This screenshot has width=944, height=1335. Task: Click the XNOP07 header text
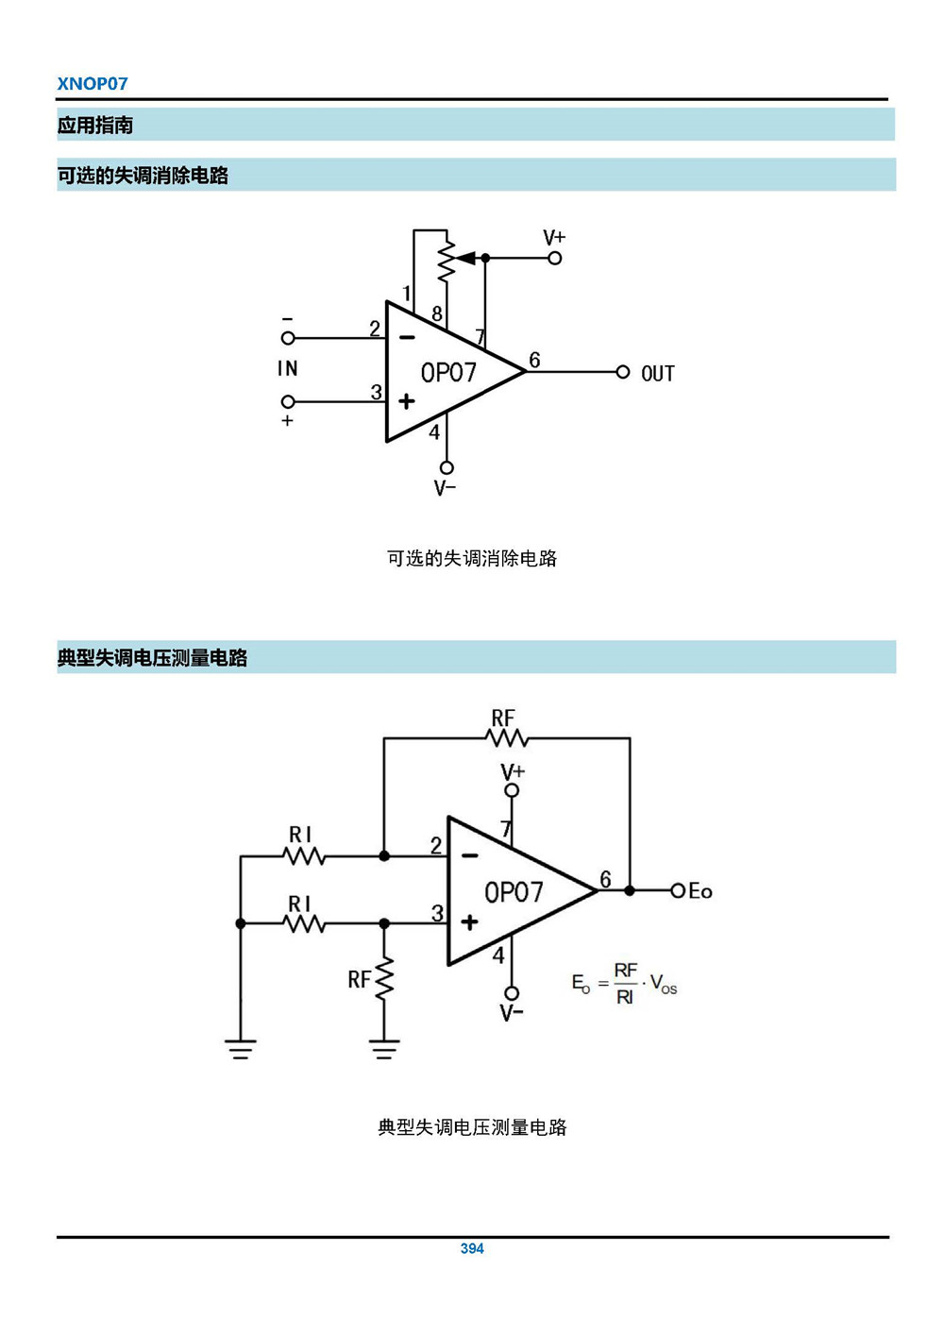click(x=93, y=83)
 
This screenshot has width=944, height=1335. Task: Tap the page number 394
click(x=472, y=1248)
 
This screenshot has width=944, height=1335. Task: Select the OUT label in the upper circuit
click(x=658, y=374)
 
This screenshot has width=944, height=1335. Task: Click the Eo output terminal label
click(x=700, y=891)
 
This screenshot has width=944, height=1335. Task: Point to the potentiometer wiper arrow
click(x=465, y=258)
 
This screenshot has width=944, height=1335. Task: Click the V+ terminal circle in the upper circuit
click(x=555, y=258)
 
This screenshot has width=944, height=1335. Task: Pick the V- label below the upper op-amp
click(x=445, y=488)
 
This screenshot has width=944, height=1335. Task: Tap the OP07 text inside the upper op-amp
click(x=448, y=373)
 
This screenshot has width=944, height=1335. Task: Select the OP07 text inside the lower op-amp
click(x=514, y=892)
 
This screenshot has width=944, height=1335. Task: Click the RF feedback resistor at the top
click(x=507, y=738)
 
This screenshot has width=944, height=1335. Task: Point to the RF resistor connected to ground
click(x=384, y=980)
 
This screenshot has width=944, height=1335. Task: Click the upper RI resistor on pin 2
click(x=304, y=856)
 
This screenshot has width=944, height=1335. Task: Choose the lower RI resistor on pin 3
click(x=304, y=923)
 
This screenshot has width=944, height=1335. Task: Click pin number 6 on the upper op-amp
click(x=534, y=360)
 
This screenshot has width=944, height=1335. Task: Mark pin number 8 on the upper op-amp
click(x=437, y=313)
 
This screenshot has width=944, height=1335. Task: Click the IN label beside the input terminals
click(x=288, y=369)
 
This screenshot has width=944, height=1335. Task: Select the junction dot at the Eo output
click(x=630, y=890)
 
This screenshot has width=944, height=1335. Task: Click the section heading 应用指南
click(x=95, y=125)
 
